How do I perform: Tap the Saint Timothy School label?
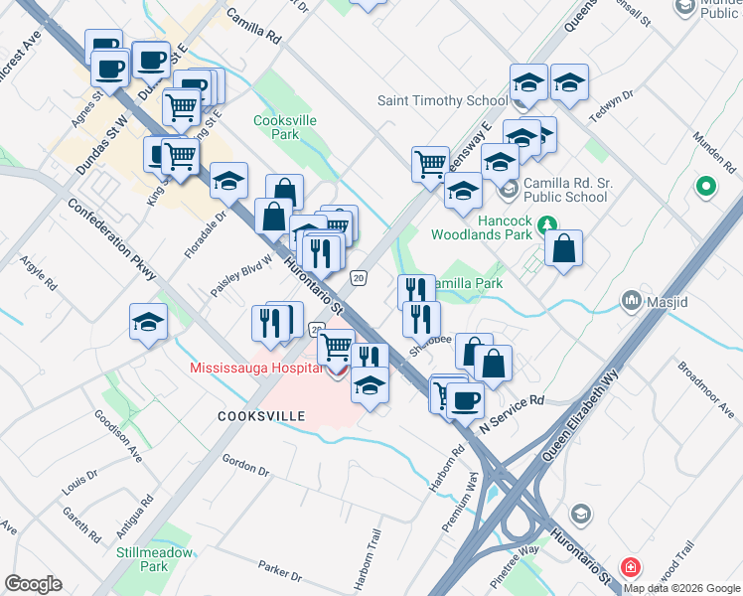pos(442,100)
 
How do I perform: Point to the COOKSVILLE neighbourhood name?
pos(261,416)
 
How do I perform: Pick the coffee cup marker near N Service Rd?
pos(464,400)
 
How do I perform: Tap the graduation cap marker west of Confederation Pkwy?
pos(148,323)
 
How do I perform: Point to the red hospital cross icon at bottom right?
pos(630,568)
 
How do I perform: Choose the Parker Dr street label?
pos(279,570)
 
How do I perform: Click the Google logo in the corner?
pos(33,584)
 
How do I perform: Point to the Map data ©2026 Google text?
pos(681,588)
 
